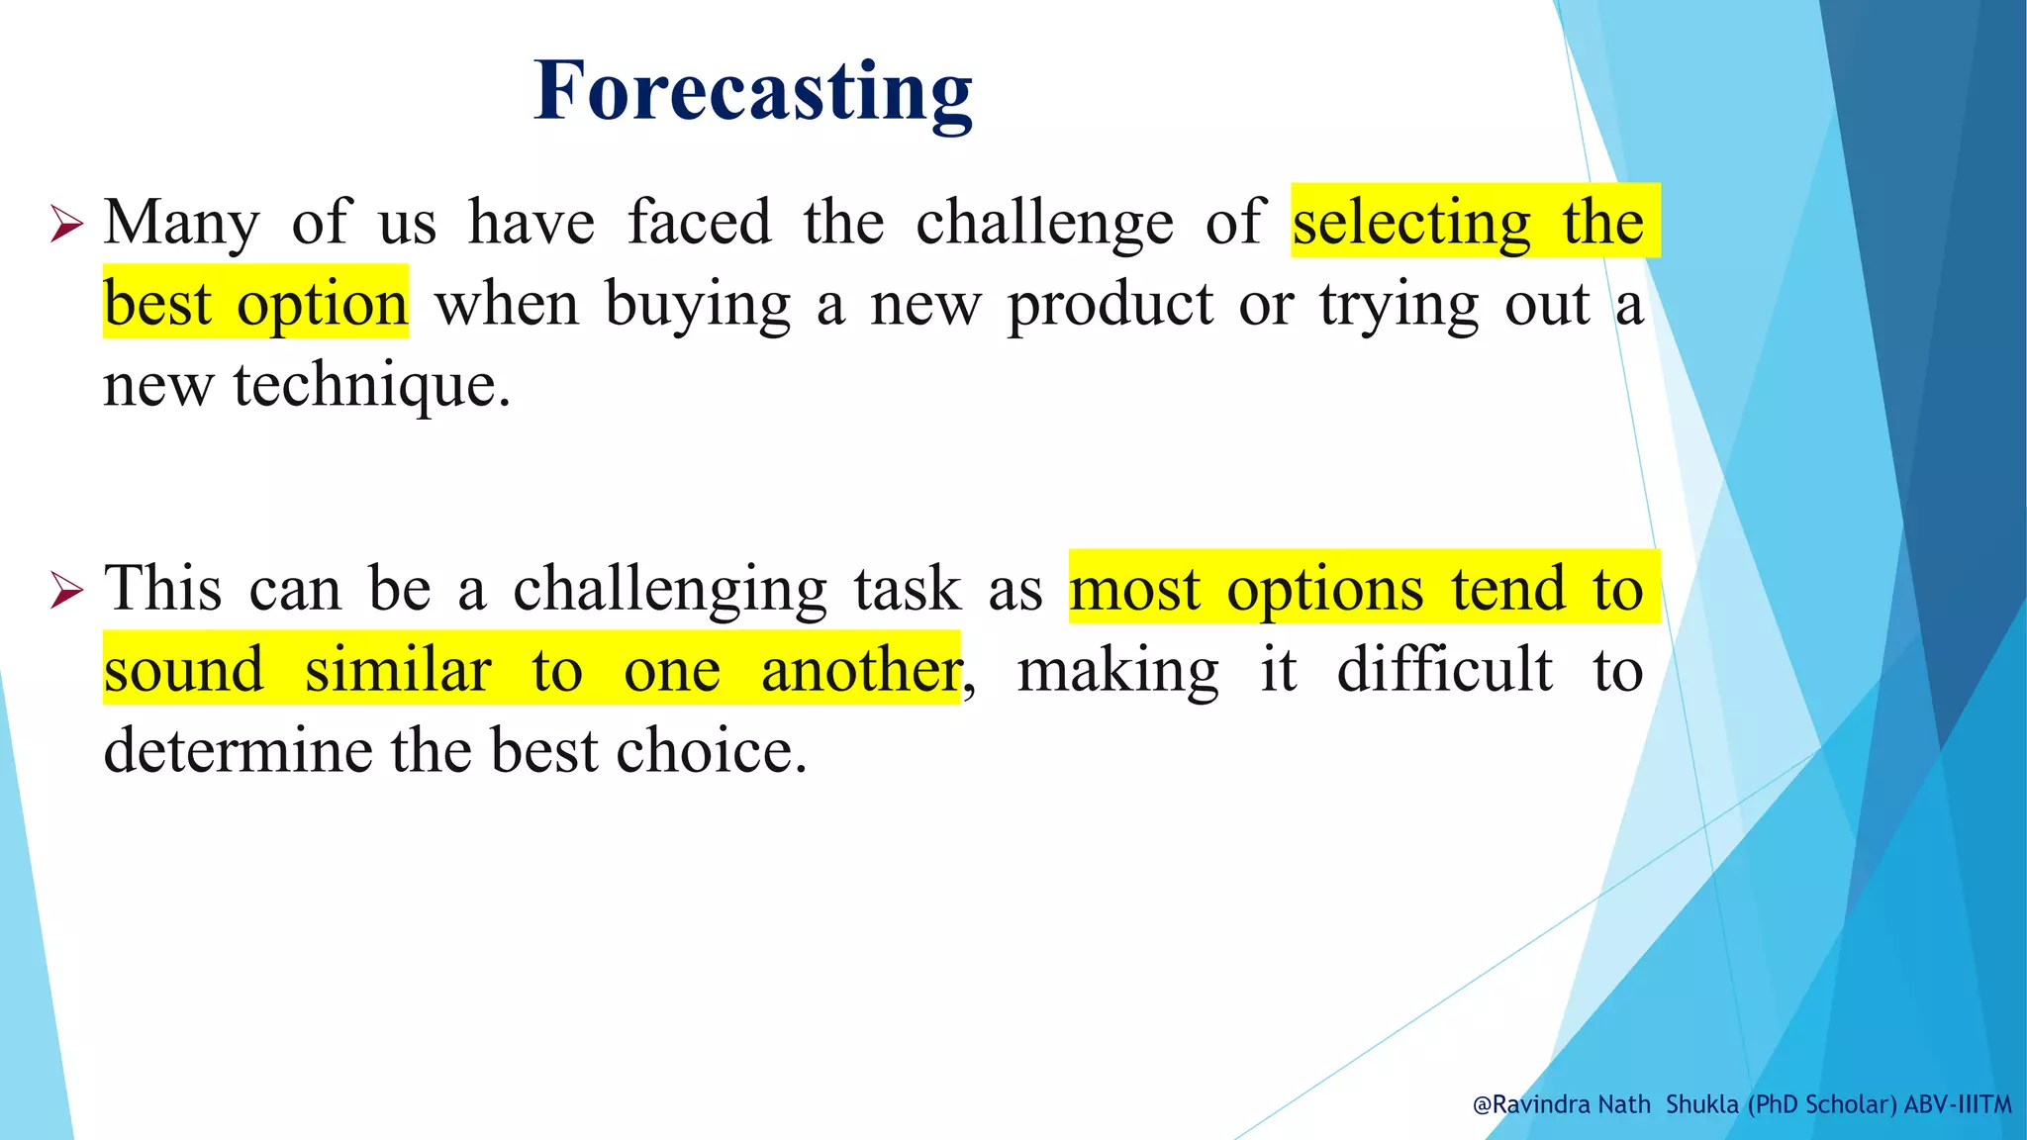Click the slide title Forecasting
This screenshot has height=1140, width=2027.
752,91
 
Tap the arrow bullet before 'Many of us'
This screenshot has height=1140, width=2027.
67,225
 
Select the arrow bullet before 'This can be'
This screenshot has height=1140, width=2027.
67,591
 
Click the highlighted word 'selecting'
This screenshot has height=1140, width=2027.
1411,224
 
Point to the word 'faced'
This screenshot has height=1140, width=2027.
699,222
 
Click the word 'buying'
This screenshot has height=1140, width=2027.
698,305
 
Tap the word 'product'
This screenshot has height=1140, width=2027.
1110,305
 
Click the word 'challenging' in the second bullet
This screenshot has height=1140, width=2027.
669,590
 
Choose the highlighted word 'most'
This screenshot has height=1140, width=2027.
1134,590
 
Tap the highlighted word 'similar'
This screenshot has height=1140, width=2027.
398,670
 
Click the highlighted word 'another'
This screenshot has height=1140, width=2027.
860,670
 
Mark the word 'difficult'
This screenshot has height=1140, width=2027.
1444,670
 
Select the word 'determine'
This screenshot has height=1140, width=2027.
238,751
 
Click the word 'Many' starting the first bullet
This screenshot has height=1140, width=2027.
181,224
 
